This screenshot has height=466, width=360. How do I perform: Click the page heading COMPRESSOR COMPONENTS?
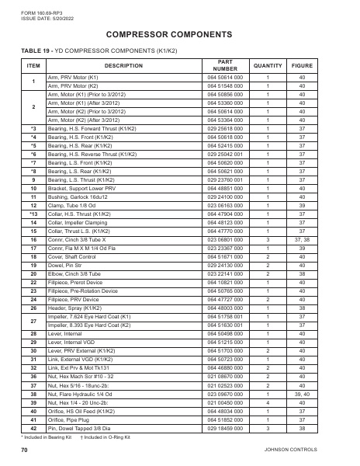click(x=179, y=36)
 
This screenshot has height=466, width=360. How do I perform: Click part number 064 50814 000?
click(x=225, y=78)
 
